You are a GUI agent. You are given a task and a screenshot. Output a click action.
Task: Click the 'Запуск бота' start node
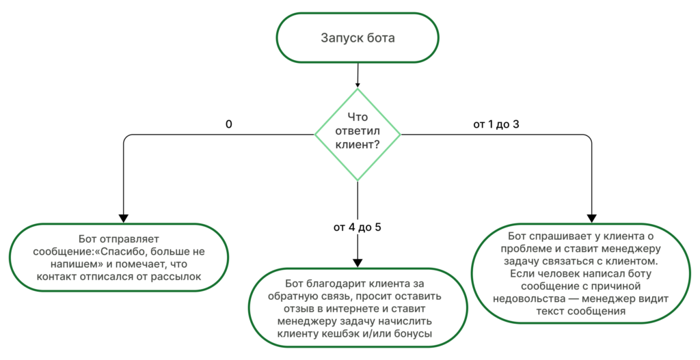(358, 38)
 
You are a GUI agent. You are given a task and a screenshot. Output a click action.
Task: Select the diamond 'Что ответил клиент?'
(358, 134)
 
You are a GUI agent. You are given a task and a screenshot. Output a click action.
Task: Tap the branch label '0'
(229, 125)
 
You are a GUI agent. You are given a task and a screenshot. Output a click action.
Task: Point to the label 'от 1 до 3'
(500, 125)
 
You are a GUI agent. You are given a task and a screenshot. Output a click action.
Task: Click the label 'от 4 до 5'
(358, 227)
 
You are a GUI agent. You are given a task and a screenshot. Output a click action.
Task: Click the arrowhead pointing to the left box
(123, 217)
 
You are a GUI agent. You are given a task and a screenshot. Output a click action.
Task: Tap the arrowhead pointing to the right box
(592, 218)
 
